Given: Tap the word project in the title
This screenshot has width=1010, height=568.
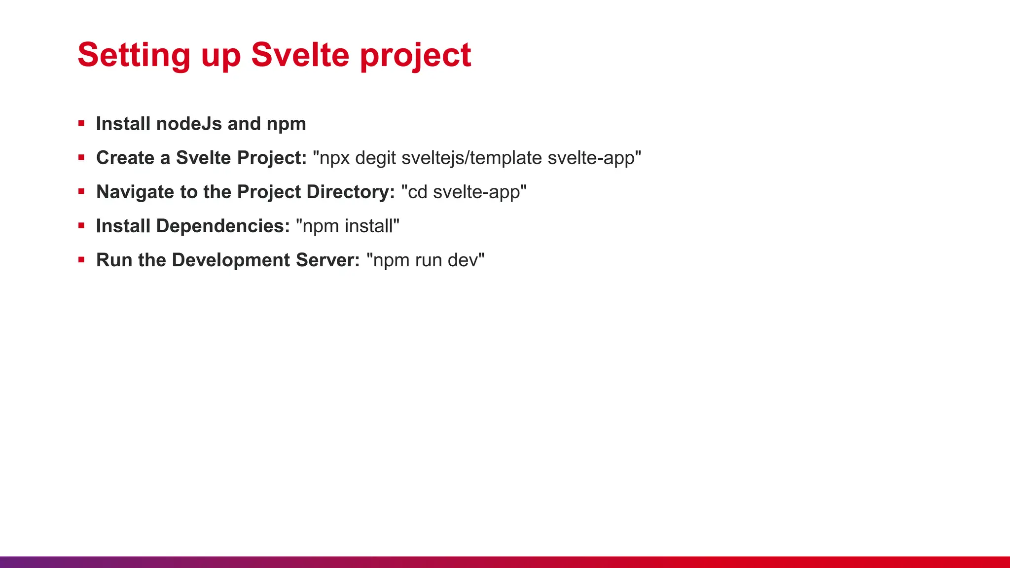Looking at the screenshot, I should [415, 55].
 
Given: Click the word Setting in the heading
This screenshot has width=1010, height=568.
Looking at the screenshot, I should [134, 55].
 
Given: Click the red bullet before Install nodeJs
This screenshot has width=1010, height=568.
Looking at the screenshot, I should [81, 123].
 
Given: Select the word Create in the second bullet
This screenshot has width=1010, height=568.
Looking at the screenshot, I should [125, 158].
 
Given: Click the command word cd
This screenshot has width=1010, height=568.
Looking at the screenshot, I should [417, 192].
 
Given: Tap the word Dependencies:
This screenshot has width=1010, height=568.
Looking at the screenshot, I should [223, 226].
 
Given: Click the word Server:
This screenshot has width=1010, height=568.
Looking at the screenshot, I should [328, 260].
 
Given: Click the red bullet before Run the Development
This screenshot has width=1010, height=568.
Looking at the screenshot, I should [81, 259].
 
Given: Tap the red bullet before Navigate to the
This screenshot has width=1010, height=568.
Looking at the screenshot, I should [81, 191].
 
